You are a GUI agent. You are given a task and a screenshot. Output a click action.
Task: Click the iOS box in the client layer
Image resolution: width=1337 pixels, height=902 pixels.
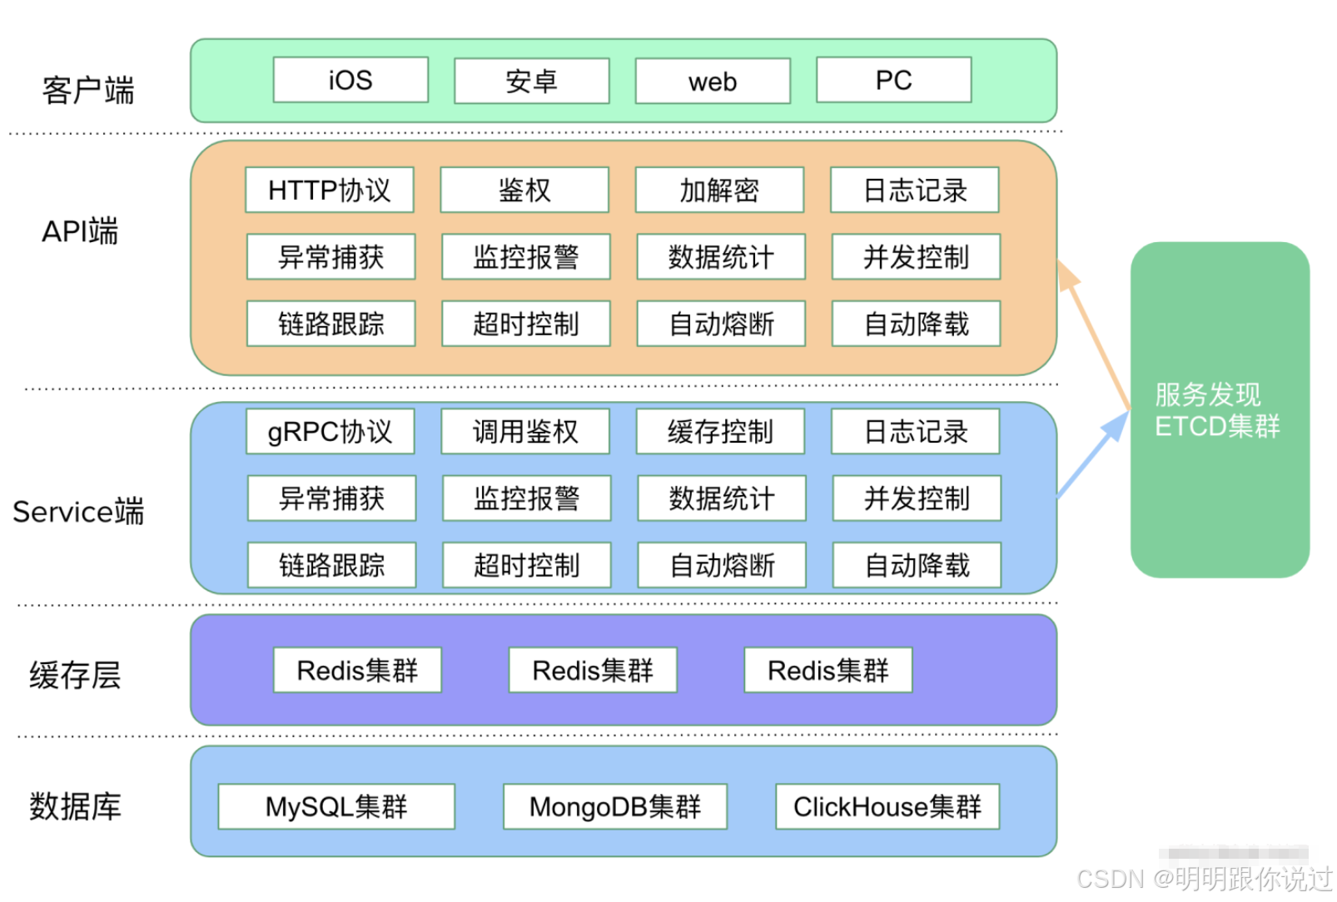pos(351,80)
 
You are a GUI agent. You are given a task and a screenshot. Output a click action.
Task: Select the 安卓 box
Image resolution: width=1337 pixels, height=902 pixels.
pos(532,81)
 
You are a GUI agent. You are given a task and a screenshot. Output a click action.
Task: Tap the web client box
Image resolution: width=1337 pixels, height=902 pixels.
pos(713,81)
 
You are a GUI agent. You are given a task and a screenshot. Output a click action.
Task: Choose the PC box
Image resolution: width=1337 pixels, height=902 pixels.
pos(893,80)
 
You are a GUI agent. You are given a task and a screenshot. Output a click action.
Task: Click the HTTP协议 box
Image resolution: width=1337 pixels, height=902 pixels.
pos(330,190)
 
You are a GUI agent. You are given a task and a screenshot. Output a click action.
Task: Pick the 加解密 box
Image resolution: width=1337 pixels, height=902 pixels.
pos(719,190)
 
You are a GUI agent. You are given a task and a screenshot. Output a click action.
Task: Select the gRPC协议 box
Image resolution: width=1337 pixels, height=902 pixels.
pos(330,431)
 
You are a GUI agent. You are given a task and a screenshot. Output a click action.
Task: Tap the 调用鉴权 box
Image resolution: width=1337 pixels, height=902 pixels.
pos(525,431)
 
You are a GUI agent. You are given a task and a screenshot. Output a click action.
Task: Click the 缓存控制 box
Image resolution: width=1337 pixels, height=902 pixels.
pos(720,431)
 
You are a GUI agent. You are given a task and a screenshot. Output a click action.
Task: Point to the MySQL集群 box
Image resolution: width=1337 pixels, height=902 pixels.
pos(336,806)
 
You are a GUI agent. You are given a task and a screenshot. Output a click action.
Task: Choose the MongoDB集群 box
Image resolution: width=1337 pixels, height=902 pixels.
pos(615,806)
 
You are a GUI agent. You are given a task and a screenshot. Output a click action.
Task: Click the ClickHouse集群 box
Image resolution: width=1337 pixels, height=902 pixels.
pos(887,806)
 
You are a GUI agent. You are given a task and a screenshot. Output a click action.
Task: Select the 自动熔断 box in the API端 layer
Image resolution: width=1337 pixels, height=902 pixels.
pos(721,324)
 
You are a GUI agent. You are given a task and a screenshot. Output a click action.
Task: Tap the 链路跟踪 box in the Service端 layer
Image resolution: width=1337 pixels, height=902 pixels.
pos(332,565)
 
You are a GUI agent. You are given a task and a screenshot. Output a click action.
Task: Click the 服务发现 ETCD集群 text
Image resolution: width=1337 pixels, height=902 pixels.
pos(1216,410)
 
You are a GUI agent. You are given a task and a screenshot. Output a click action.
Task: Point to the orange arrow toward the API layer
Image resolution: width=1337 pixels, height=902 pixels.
pos(1093,335)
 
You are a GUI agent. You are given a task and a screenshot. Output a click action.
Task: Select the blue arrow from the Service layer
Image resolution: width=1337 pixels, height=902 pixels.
pos(1093,454)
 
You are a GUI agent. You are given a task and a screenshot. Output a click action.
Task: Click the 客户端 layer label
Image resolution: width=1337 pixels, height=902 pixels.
pos(88,90)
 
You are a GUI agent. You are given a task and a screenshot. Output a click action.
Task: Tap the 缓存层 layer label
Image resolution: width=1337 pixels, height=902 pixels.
pos(75,676)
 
